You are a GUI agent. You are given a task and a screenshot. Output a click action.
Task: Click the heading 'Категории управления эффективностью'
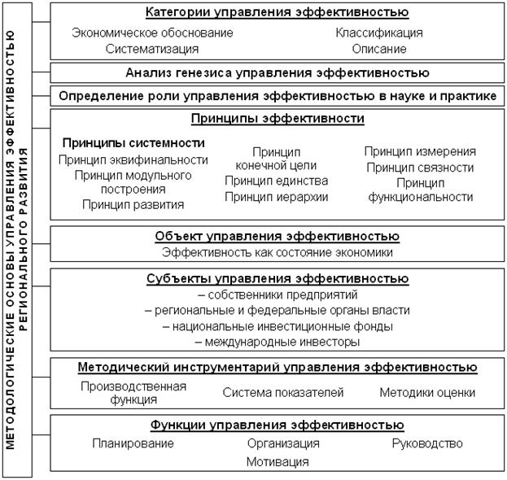click(x=277, y=12)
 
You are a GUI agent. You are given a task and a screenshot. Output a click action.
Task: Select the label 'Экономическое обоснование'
click(x=152, y=33)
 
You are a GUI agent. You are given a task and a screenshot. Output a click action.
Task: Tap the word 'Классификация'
click(x=379, y=33)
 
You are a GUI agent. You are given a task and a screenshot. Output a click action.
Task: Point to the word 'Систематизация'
click(x=152, y=49)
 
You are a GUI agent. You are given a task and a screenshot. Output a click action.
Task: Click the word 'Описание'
click(x=379, y=49)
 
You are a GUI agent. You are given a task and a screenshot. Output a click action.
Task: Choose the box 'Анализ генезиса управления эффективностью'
click(x=277, y=72)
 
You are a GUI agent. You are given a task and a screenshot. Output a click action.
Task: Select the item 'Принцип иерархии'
click(x=277, y=196)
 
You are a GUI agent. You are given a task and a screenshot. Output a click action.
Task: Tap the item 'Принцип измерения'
click(x=420, y=151)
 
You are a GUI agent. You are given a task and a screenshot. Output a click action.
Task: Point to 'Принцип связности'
click(x=420, y=168)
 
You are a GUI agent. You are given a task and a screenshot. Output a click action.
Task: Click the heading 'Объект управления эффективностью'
click(x=277, y=236)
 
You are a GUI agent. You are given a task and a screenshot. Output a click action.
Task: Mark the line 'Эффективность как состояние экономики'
click(x=277, y=252)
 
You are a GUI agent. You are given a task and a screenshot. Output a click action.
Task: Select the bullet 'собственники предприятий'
click(x=277, y=295)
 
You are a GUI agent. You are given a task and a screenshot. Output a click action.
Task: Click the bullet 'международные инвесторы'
click(x=277, y=342)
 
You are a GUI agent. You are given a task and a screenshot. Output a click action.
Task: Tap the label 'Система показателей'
click(x=283, y=392)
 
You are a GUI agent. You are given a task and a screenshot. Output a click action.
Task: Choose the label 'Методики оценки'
click(x=427, y=392)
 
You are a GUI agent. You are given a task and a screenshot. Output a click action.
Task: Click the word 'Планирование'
click(x=133, y=443)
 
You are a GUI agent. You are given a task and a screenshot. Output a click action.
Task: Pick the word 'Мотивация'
click(x=278, y=461)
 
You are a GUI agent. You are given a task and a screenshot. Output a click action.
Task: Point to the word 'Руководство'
click(x=427, y=443)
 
